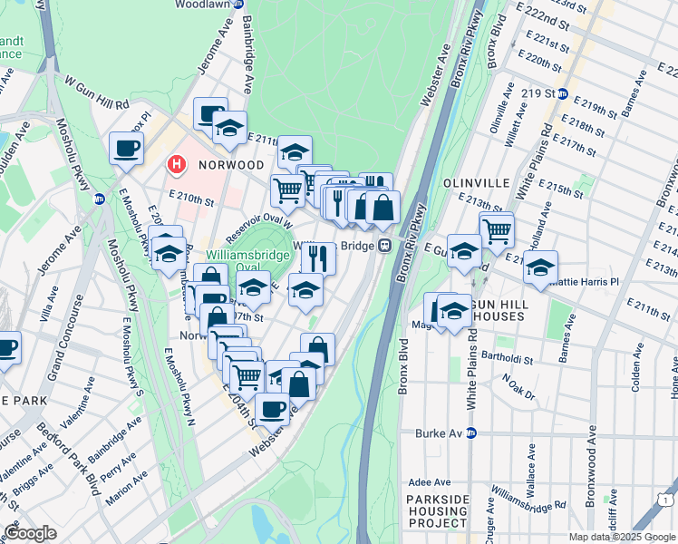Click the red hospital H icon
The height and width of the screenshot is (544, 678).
pyautogui.click(x=177, y=165)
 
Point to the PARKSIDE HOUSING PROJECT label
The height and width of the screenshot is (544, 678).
pyautogui.click(x=436, y=511)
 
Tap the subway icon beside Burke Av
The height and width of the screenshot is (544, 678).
pyautogui.click(x=470, y=432)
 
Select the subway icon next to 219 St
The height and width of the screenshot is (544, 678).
pyautogui.click(x=562, y=93)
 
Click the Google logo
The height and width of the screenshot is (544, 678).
pyautogui.click(x=30, y=533)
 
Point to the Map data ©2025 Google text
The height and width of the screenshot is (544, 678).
pyautogui.click(x=622, y=536)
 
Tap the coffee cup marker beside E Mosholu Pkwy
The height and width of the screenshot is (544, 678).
pyautogui.click(x=126, y=148)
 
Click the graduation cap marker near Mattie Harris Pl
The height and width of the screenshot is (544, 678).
pyautogui.click(x=540, y=269)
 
